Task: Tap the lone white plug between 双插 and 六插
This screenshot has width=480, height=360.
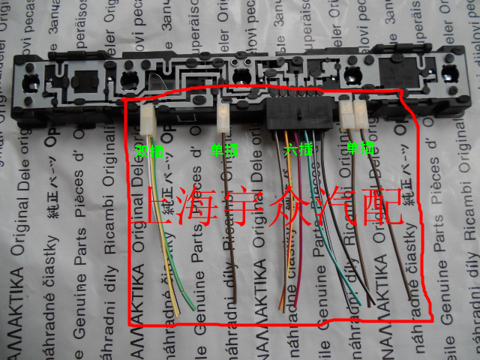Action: (x=223, y=115)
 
